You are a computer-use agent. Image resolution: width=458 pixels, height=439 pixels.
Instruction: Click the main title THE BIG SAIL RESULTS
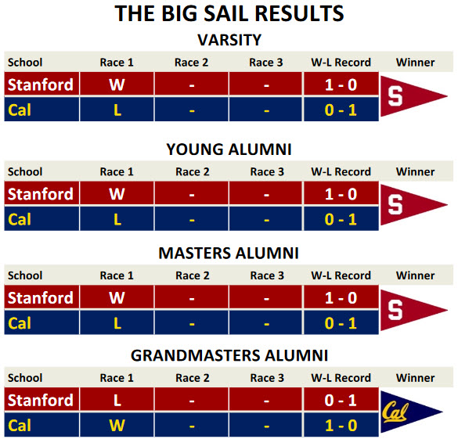(229, 14)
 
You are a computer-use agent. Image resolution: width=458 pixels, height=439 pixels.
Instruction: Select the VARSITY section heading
(229, 40)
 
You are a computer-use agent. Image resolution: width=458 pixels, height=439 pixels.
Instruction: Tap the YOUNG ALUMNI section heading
(229, 149)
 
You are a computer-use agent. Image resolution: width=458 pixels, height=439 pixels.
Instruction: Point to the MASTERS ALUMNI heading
(229, 253)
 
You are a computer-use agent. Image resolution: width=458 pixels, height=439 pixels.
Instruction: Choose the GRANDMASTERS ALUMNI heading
(229, 355)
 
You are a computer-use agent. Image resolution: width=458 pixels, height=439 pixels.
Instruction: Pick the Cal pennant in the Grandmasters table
(411, 412)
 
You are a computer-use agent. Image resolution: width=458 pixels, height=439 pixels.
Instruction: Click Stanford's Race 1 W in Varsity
(117, 85)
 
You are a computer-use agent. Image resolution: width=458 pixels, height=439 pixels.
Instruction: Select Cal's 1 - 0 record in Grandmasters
(341, 425)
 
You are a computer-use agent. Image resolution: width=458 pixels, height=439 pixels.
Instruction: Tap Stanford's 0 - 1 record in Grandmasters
(341, 400)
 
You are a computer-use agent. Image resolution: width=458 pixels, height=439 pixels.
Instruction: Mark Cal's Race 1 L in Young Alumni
(117, 219)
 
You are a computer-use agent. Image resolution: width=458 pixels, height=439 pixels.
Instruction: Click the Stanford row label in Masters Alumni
(40, 298)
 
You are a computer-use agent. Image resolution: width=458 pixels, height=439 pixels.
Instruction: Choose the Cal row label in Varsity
(20, 110)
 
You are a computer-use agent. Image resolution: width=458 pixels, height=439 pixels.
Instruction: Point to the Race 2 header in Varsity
(191, 63)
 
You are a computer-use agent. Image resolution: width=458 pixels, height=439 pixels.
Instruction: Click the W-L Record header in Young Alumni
(341, 171)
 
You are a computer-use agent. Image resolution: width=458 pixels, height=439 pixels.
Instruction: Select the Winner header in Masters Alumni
(416, 275)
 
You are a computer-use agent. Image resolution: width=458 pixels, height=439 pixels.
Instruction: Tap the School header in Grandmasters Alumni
(25, 378)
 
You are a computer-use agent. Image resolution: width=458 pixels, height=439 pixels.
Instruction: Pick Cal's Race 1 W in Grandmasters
(117, 425)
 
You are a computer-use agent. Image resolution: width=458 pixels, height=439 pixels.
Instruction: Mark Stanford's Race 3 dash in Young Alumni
(266, 195)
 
